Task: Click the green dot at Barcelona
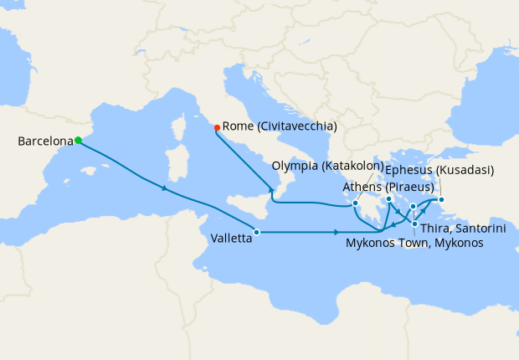[78, 141]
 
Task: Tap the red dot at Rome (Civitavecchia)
[218, 127]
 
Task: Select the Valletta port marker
[257, 232]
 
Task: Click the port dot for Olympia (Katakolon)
[356, 203]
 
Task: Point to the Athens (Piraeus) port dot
[389, 199]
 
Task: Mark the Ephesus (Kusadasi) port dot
[441, 199]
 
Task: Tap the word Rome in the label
[239, 126]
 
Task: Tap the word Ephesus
[411, 170]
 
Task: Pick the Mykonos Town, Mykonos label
[414, 243]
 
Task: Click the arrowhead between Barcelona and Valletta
[164, 188]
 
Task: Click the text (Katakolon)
[352, 167]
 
